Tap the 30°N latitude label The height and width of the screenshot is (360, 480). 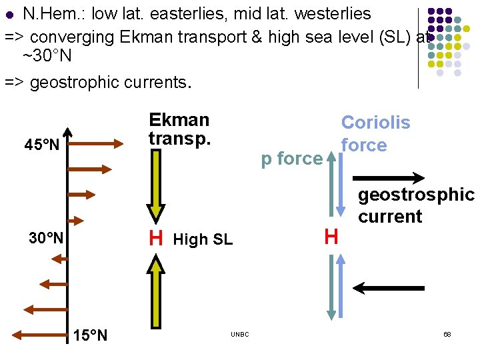46,238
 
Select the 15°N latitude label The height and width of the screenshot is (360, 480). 89,335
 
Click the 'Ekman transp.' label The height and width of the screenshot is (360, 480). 179,129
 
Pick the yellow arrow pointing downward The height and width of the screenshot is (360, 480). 156,187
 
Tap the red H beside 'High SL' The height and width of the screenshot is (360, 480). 156,239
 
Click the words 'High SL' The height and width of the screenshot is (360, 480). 203,239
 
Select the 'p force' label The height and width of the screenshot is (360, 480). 291,159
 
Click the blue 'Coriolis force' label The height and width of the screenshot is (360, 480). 375,134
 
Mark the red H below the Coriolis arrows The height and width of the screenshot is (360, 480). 331,236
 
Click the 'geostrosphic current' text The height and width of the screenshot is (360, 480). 415,205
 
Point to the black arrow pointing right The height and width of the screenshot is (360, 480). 389,178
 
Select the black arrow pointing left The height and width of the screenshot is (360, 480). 389,288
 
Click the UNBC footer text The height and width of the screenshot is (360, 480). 240,334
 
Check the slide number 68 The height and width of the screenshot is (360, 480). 447,333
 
